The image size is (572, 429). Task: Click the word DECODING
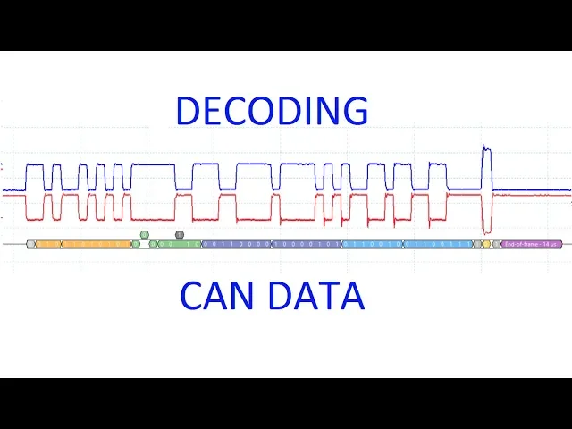(272, 111)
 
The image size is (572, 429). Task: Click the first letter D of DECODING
(187, 111)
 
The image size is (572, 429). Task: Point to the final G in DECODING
(355, 111)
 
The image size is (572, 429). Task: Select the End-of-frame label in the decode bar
(531, 243)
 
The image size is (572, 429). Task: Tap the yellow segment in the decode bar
(486, 243)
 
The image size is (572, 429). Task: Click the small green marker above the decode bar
(144, 234)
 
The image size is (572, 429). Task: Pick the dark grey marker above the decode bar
(180, 234)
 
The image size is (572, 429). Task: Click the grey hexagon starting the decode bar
(30, 243)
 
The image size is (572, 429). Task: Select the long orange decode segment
(97, 243)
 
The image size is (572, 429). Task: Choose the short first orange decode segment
(47, 243)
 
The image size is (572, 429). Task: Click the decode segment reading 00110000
(237, 243)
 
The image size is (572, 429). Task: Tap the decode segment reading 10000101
(306, 243)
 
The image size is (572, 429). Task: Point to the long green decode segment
(179, 243)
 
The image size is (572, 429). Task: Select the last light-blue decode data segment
(439, 243)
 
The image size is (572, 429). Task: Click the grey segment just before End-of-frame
(497, 243)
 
